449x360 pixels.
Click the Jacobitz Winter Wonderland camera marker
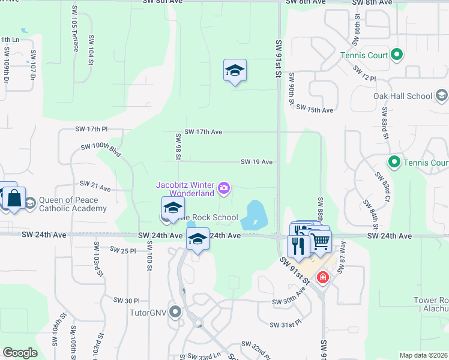click(224, 190)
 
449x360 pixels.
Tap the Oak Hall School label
click(403, 96)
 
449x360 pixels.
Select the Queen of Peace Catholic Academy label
click(73, 205)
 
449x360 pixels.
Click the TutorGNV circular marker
click(175, 311)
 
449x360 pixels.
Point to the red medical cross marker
click(323, 277)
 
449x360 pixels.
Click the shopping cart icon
click(321, 241)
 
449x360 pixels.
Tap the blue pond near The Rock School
click(256, 214)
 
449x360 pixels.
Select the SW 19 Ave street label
click(257, 162)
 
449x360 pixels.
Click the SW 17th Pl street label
click(91, 129)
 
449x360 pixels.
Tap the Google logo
click(20, 352)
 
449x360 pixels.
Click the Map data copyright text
click(423, 355)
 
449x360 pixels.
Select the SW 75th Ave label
click(319, 110)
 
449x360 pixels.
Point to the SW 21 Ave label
click(95, 187)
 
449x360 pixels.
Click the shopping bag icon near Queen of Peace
click(14, 197)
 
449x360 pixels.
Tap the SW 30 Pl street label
click(126, 300)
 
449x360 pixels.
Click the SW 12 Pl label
click(364, 74)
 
